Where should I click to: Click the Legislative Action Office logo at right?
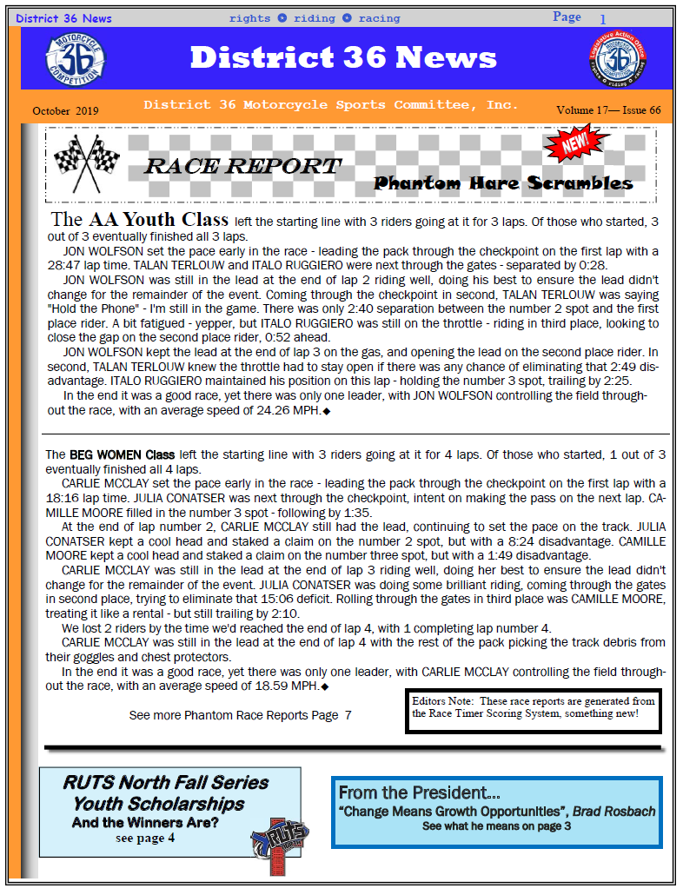point(617,58)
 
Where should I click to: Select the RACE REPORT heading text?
point(242,166)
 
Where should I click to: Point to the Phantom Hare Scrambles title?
point(503,183)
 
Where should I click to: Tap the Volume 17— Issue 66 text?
point(608,110)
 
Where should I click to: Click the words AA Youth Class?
point(158,219)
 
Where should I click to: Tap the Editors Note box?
point(533,709)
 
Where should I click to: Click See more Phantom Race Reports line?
point(240,715)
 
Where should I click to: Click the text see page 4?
point(145,839)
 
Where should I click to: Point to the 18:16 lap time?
point(62,498)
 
